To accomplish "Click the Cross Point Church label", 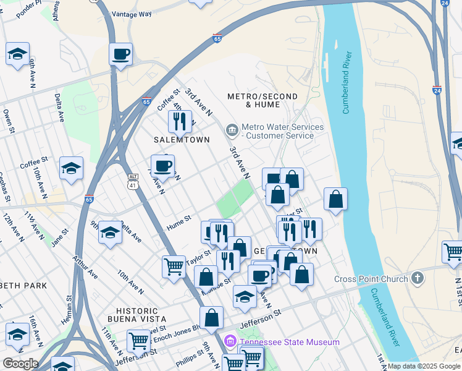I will [371, 279].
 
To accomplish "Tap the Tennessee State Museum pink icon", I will [230, 342].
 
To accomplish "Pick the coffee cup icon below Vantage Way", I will [120, 54].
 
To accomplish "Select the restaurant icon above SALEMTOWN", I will [180, 121].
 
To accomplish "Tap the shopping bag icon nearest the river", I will [335, 199].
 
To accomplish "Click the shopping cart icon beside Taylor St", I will [174, 267].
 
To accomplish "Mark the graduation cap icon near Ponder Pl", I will [18, 54].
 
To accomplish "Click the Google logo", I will [20, 364].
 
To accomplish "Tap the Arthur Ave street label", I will [85, 267].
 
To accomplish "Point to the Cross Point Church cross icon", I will [418, 278].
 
